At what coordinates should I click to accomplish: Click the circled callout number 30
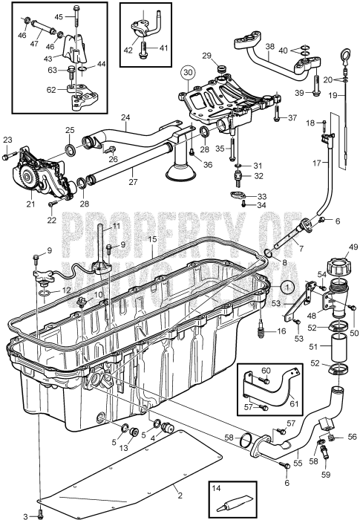pyautogui.click(x=188, y=73)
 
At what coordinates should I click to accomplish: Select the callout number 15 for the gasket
pyautogui.click(x=151, y=239)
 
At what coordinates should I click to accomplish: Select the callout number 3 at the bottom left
pyautogui.click(x=24, y=515)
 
